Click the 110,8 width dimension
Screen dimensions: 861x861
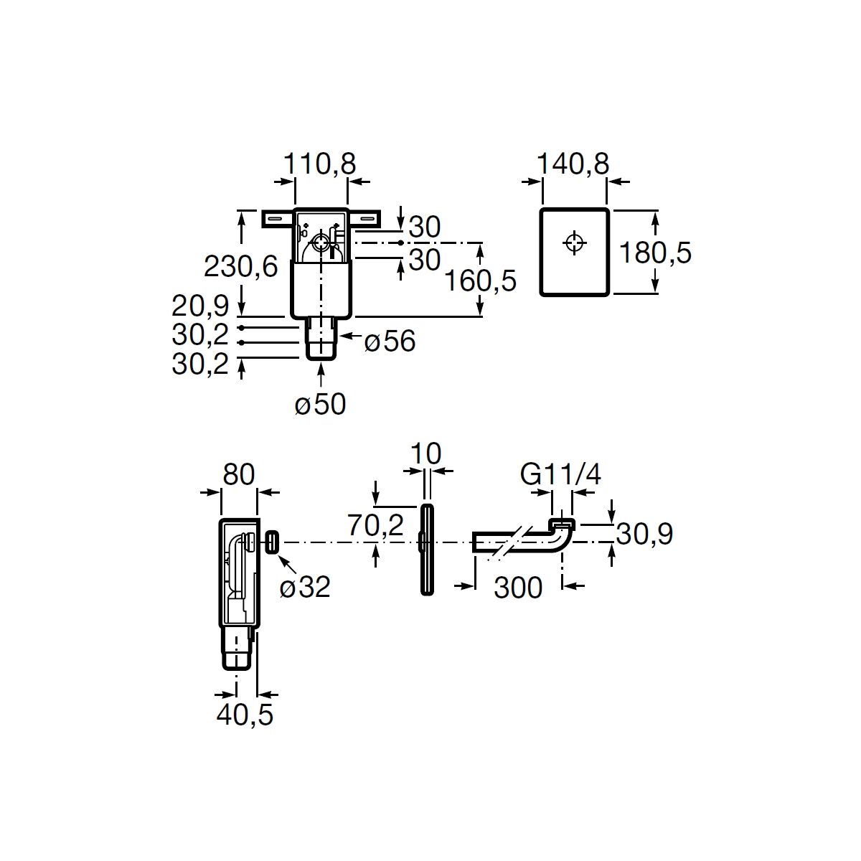click(320, 164)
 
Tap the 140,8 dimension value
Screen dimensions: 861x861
click(573, 164)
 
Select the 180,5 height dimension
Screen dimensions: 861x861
click(656, 253)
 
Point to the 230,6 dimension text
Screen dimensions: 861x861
click(241, 267)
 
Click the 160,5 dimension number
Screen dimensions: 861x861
click(481, 281)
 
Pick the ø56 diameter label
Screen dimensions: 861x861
click(390, 342)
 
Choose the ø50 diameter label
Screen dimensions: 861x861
click(320, 405)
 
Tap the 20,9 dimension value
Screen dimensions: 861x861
click(201, 306)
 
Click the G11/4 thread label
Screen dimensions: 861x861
click(560, 474)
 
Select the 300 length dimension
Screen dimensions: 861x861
click(518, 588)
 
